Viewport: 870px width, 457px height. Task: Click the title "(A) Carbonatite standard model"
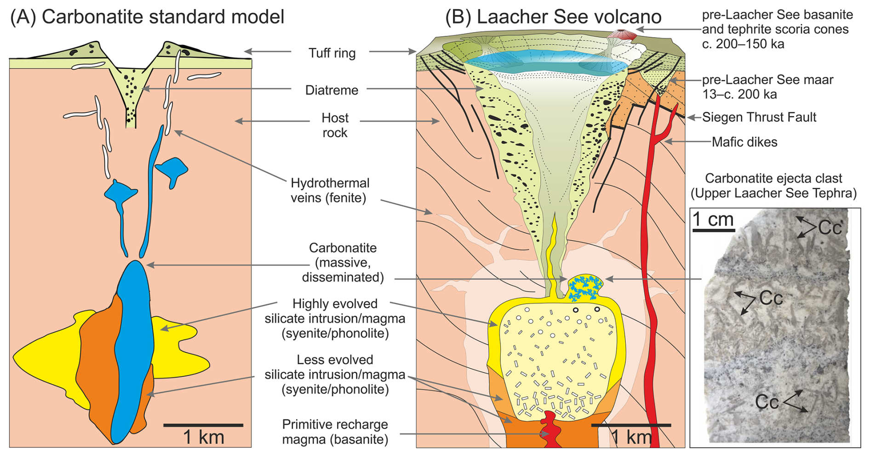pos(147,17)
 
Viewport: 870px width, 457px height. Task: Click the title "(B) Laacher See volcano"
pos(553,17)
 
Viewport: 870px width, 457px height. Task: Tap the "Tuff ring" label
pos(332,53)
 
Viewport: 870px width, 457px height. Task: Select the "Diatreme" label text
pos(332,90)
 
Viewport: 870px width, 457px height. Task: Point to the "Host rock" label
pos(335,125)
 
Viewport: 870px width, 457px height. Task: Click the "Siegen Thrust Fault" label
pos(759,117)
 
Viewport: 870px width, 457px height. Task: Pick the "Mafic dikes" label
pos(744,142)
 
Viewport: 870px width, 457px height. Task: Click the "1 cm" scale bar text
pos(713,220)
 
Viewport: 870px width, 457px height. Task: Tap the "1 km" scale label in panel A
pos(204,437)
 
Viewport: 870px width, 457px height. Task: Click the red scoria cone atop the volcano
pos(622,35)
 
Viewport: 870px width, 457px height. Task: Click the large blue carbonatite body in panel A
pos(134,349)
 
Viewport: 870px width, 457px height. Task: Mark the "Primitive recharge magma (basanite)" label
pos(335,432)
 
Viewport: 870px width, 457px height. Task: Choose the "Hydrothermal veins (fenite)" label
pos(330,191)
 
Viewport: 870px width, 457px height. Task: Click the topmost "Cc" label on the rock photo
pos(830,227)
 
